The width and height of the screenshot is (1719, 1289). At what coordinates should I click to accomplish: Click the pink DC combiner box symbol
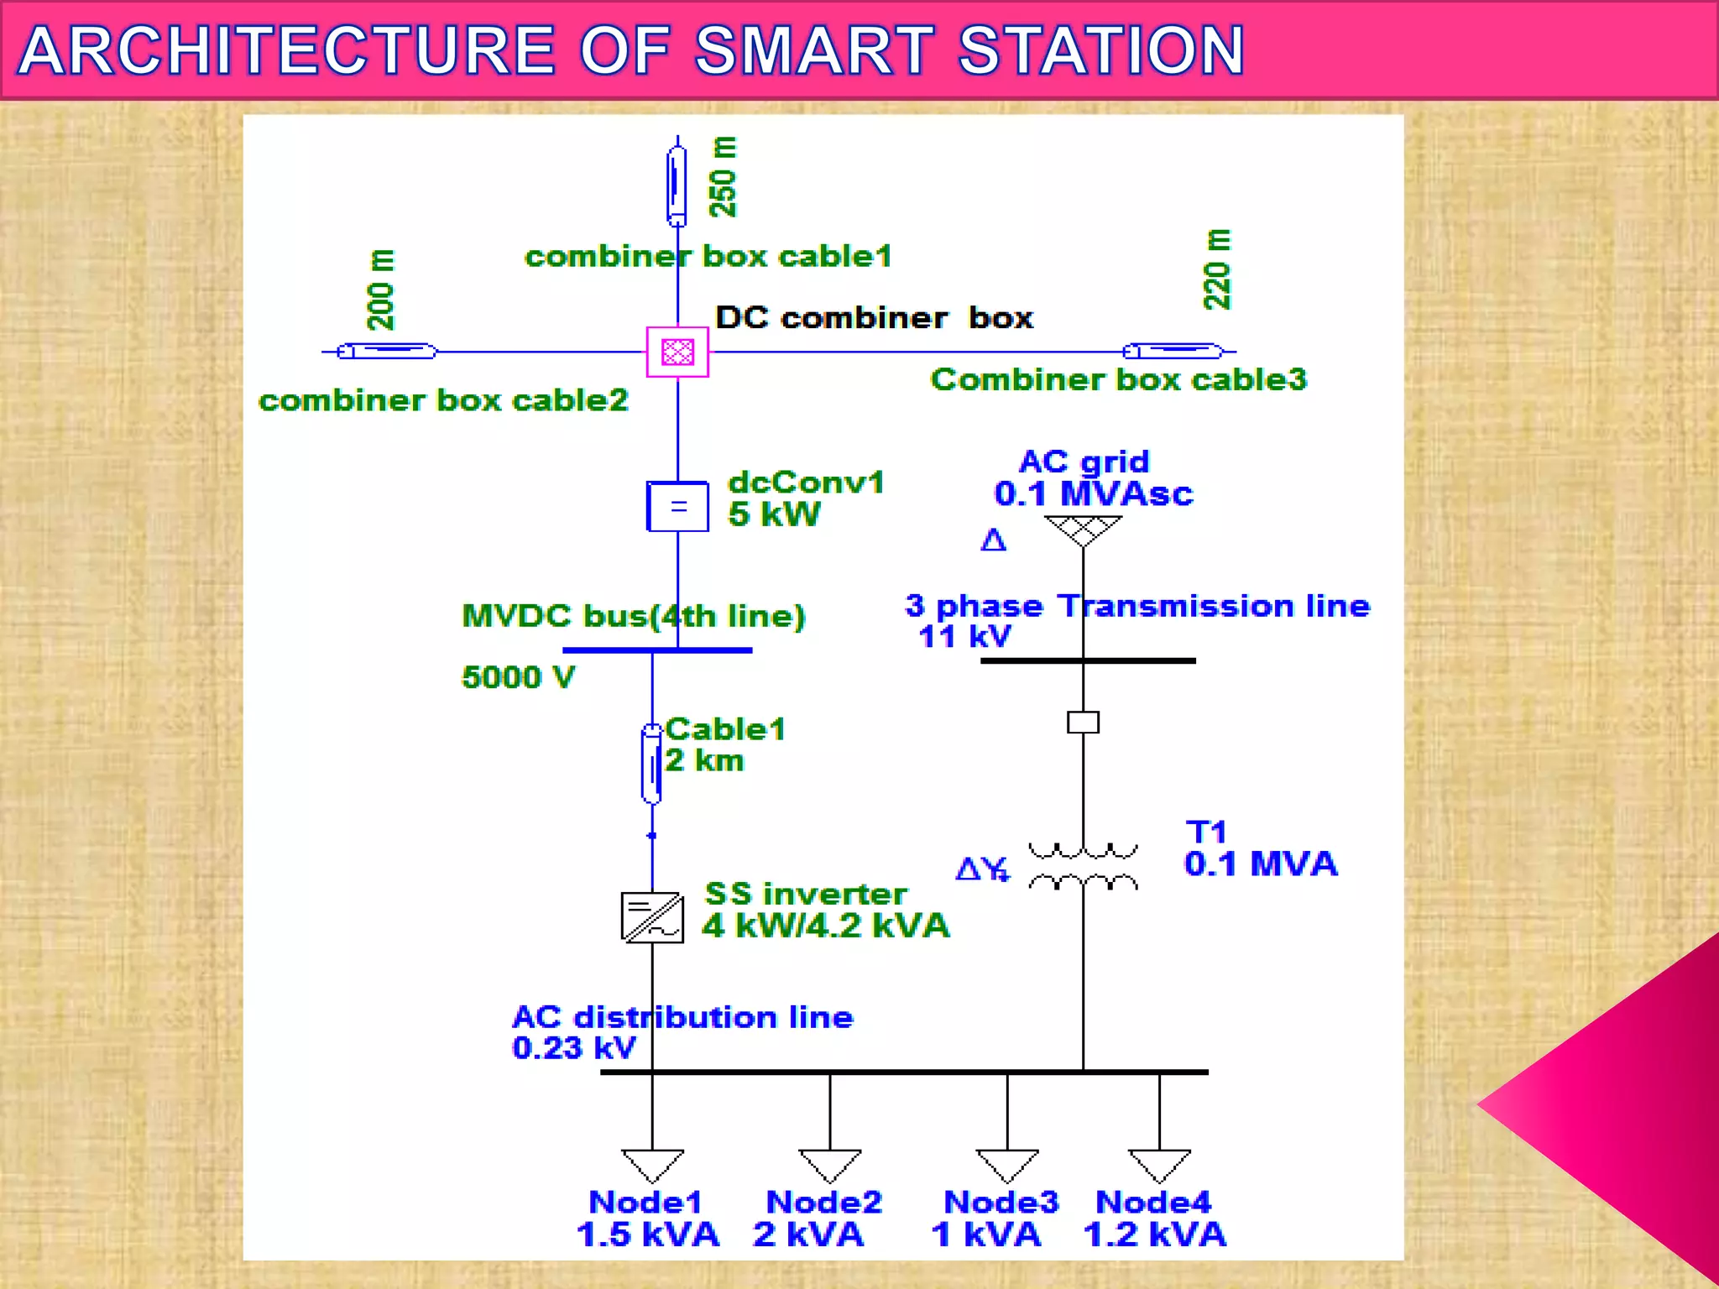point(677,352)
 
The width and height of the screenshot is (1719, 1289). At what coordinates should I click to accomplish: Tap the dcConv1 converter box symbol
point(677,506)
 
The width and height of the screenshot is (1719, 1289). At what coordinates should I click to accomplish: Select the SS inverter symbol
point(652,917)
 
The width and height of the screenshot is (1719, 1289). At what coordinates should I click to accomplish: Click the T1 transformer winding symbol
point(1083,868)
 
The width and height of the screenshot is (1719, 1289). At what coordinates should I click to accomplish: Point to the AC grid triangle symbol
point(1083,530)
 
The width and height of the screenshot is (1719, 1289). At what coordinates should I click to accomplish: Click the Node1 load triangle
point(652,1165)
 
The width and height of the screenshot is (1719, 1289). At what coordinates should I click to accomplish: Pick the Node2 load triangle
point(830,1165)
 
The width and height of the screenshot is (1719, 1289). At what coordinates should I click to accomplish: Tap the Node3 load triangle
point(1007,1165)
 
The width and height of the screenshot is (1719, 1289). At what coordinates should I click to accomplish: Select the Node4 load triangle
point(1160,1165)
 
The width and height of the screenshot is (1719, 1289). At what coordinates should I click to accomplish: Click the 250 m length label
point(723,177)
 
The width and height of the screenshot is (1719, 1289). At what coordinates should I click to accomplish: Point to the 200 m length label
point(380,290)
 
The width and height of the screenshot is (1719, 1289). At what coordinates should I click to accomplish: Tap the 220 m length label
point(1217,269)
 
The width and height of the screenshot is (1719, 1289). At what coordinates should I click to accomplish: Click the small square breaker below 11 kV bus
point(1083,722)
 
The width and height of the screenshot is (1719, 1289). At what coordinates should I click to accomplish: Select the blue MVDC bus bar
point(657,650)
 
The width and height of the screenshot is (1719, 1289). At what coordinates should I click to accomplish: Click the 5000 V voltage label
point(519,677)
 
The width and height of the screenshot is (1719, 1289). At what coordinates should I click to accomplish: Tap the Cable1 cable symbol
point(651,764)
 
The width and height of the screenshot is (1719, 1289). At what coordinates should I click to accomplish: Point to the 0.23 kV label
point(574,1048)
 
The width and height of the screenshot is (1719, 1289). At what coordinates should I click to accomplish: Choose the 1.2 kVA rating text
point(1155,1234)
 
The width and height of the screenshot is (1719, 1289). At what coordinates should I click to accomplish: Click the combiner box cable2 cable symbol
point(387,352)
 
